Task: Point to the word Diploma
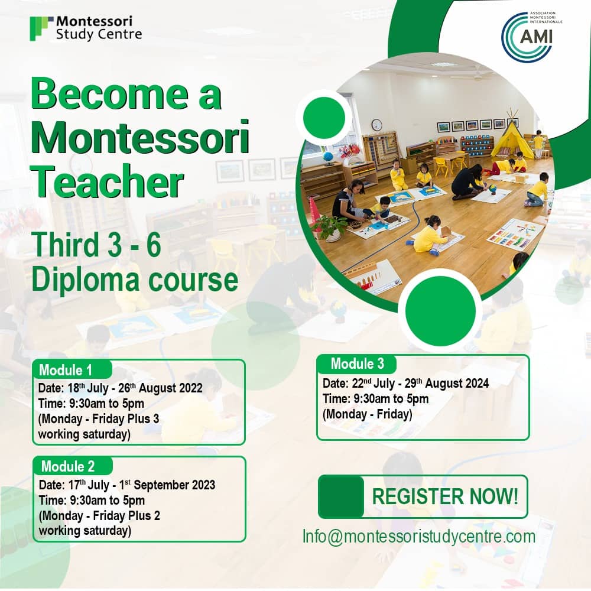pyautogui.click(x=77, y=280)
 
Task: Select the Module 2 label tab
pyautogui.click(x=68, y=466)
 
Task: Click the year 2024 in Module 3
pyautogui.click(x=476, y=384)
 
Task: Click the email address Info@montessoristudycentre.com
pyautogui.click(x=418, y=537)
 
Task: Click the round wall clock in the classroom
pyautogui.click(x=376, y=125)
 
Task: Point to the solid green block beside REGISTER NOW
pyautogui.click(x=341, y=496)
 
